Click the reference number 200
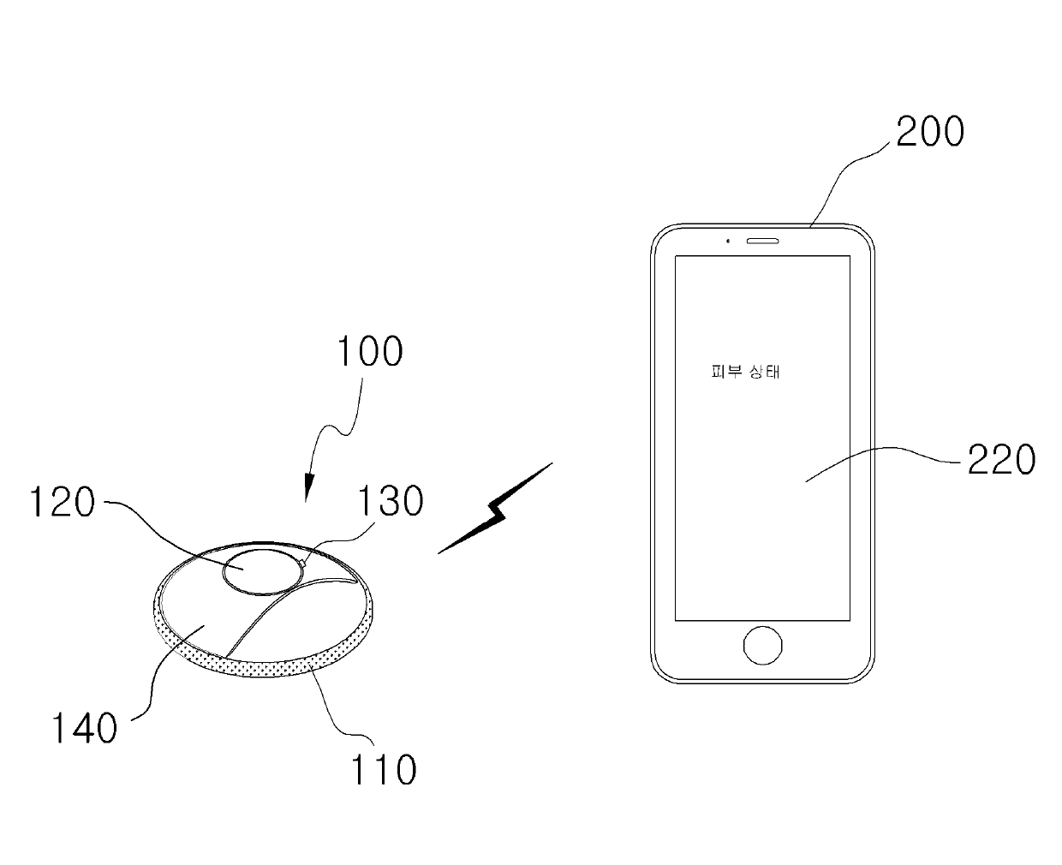pyautogui.click(x=929, y=133)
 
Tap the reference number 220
pyautogui.click(x=1000, y=460)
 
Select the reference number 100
pyautogui.click(x=369, y=352)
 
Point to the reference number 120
pyautogui.click(x=62, y=503)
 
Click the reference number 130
pyautogui.click(x=390, y=501)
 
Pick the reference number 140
pyautogui.click(x=83, y=729)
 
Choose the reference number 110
pyautogui.click(x=383, y=770)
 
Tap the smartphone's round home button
pyautogui.click(x=762, y=645)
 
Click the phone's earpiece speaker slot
pyautogui.click(x=763, y=240)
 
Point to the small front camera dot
pyautogui.click(x=727, y=240)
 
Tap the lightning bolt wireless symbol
pyautogui.click(x=495, y=510)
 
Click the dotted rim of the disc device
pyautogui.click(x=257, y=669)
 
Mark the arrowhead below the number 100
pyautogui.click(x=307, y=492)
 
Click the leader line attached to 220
pyautogui.click(x=882, y=456)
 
